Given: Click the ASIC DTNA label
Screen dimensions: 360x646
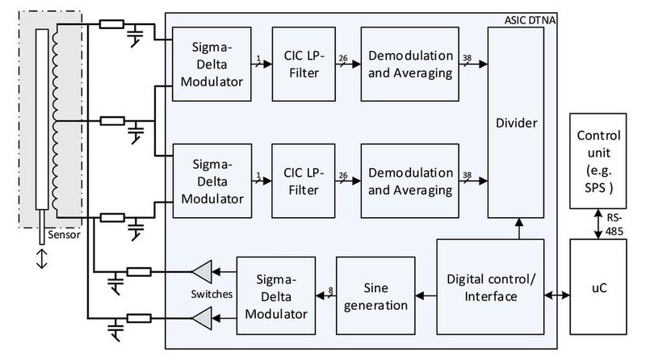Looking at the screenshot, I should click(524, 19).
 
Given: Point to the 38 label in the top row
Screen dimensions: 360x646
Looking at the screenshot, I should click(468, 58).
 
